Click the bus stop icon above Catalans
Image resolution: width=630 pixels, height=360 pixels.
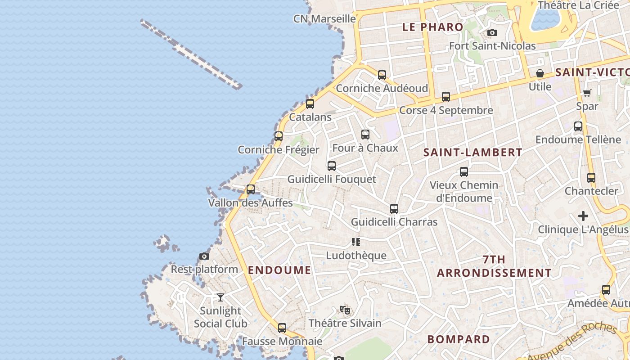(x=310, y=104)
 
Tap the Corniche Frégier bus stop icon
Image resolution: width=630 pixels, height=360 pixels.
(x=279, y=136)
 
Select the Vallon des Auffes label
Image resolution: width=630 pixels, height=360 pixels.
(x=250, y=203)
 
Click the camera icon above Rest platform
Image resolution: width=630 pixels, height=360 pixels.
(x=204, y=256)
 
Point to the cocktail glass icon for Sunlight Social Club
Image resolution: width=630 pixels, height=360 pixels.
(x=220, y=297)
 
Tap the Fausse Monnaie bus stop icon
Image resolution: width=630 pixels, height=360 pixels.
(x=282, y=328)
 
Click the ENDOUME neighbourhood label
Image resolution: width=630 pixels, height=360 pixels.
(x=279, y=270)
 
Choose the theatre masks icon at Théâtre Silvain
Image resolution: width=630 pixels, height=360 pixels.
(x=345, y=310)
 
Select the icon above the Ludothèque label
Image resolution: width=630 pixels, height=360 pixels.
(x=356, y=242)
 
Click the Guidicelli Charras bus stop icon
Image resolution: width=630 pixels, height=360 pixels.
(x=394, y=209)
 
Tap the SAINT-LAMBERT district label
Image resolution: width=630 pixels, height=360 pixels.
(x=473, y=153)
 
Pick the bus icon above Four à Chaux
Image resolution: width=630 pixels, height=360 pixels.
(x=365, y=135)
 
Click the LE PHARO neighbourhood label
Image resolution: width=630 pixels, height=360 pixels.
(x=432, y=27)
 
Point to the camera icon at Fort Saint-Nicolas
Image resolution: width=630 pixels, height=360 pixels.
(x=492, y=32)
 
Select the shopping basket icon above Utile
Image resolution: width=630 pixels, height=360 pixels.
(x=540, y=73)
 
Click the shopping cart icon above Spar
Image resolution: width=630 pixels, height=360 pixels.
(x=587, y=93)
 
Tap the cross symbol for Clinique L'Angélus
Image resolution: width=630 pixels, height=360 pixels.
(x=583, y=216)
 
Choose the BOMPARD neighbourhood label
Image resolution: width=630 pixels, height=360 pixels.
(x=459, y=339)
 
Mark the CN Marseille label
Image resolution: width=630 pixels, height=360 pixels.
(x=324, y=19)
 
